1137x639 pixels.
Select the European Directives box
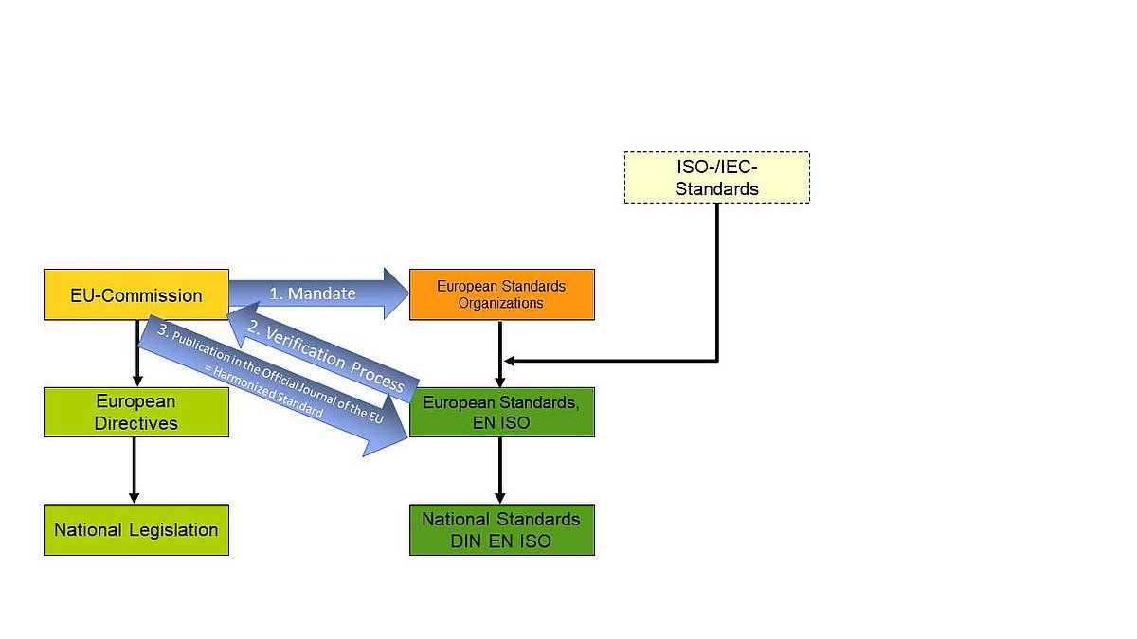(x=135, y=412)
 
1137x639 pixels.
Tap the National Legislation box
(x=135, y=530)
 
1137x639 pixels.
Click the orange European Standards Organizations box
(x=501, y=294)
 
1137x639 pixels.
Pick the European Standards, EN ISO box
(x=501, y=412)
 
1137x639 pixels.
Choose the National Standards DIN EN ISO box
(x=501, y=530)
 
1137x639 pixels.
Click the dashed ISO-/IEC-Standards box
(x=716, y=177)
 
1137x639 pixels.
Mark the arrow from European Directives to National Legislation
(x=134, y=470)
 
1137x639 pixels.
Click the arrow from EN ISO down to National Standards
(x=500, y=470)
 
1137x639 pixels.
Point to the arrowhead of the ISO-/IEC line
(x=509, y=361)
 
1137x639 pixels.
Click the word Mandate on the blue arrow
(x=322, y=293)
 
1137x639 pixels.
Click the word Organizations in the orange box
(x=501, y=304)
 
